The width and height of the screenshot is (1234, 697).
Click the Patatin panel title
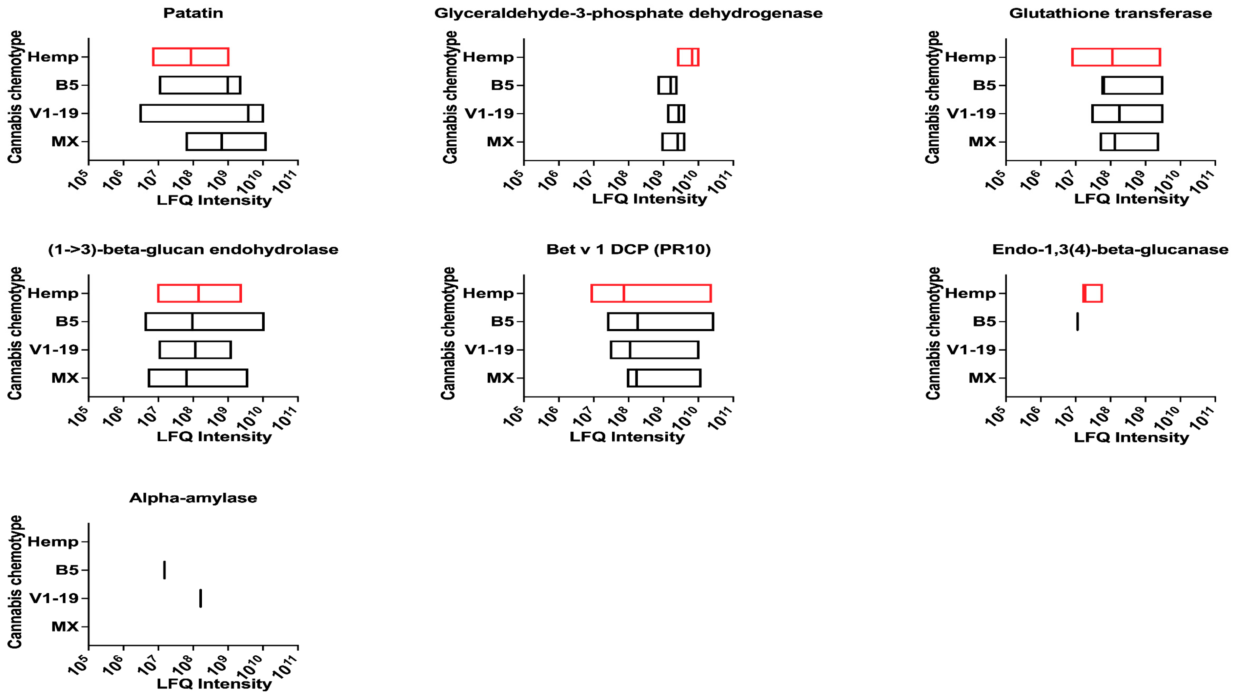point(193,13)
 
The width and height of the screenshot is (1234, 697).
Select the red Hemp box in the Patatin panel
point(191,57)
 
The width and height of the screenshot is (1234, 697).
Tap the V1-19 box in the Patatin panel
point(202,114)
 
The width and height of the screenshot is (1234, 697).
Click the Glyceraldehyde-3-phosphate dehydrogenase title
point(628,13)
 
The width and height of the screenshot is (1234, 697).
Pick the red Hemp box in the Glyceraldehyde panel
point(688,57)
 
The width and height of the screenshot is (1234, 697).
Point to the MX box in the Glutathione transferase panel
point(1129,142)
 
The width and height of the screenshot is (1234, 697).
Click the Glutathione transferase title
point(1110,13)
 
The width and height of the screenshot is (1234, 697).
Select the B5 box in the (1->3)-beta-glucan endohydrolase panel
point(205,322)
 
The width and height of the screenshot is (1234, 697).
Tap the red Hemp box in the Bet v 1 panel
point(651,293)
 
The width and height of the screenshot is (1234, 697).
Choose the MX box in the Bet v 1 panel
point(664,378)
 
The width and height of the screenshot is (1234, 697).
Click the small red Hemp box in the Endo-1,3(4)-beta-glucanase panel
point(1092,293)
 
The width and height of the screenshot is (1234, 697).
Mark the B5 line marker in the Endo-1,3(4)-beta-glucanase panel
point(1077,322)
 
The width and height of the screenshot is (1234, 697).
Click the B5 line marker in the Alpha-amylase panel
point(165,570)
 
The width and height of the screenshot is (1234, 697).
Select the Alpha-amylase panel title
point(193,498)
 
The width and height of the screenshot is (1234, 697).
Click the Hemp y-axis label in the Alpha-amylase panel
point(53,542)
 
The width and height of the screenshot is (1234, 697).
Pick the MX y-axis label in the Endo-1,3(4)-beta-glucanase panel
point(982,378)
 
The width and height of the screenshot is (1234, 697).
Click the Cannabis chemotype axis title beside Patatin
point(15,97)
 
